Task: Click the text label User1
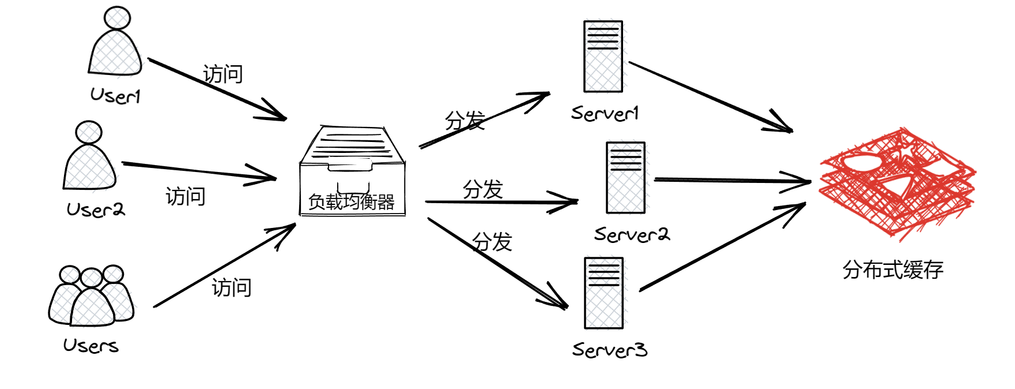(x=115, y=96)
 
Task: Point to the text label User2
(x=96, y=210)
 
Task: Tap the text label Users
(x=91, y=346)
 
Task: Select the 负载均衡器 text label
(x=352, y=202)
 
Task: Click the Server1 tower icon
(x=603, y=57)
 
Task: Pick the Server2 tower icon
(x=625, y=178)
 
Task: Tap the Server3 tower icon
(x=603, y=293)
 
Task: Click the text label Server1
(x=605, y=113)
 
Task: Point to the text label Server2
(x=632, y=234)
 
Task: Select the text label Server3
(x=610, y=350)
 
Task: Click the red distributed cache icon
(x=897, y=182)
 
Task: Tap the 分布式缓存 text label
(x=893, y=270)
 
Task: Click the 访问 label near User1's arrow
(x=223, y=74)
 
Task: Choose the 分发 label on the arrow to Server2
(x=483, y=189)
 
